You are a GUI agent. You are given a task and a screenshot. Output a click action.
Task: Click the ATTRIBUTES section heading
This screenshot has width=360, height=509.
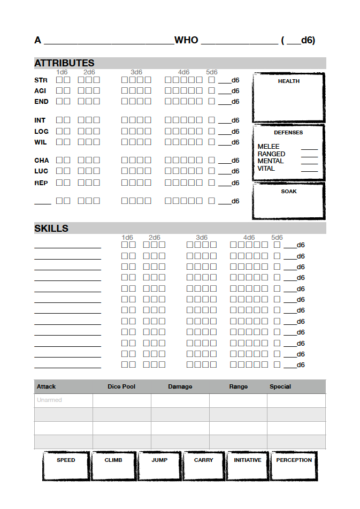click(x=64, y=63)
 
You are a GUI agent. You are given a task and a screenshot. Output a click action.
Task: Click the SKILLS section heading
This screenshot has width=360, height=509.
click(x=51, y=229)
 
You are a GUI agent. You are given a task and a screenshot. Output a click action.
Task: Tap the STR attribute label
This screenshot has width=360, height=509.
click(x=41, y=80)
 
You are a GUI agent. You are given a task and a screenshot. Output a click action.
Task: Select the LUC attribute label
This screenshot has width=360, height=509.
click(x=41, y=171)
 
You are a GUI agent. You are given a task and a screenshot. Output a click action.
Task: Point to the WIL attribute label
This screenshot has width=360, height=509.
click(x=41, y=142)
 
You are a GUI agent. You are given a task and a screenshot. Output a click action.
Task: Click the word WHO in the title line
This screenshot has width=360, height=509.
click(x=186, y=41)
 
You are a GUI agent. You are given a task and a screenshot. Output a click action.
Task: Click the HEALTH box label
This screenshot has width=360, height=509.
click(x=288, y=81)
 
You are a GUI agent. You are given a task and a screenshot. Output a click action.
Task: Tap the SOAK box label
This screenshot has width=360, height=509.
click(x=289, y=191)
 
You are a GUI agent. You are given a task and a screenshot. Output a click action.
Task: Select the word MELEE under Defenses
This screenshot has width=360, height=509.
click(x=269, y=147)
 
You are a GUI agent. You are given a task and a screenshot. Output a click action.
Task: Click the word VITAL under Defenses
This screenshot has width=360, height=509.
click(x=266, y=169)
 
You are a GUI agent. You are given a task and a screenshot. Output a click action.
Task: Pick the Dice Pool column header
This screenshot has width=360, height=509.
click(x=121, y=386)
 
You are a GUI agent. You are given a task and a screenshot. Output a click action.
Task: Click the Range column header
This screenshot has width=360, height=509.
click(x=239, y=386)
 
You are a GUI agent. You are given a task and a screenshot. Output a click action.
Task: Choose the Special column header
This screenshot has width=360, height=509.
click(x=280, y=386)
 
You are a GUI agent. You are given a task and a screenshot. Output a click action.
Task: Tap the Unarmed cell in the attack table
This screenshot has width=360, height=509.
click(x=49, y=400)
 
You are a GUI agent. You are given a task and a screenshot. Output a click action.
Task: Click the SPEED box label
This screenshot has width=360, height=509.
click(x=66, y=460)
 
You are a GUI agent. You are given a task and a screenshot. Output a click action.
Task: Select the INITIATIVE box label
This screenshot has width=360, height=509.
click(x=248, y=460)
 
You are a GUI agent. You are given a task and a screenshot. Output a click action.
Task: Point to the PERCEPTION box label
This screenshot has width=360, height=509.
click(x=294, y=460)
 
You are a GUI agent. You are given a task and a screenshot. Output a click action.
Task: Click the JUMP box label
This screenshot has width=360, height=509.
click(x=159, y=460)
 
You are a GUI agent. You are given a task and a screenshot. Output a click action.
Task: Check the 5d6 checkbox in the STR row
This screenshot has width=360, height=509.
click(x=212, y=80)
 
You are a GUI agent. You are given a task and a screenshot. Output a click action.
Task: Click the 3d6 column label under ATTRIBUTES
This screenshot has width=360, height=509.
click(x=136, y=72)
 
